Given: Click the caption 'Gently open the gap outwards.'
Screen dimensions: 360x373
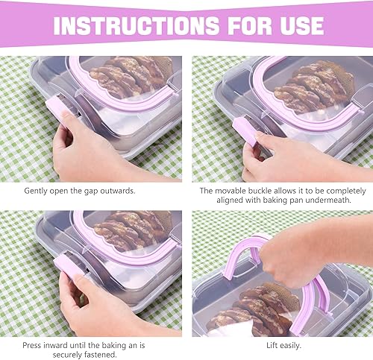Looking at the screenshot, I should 80,191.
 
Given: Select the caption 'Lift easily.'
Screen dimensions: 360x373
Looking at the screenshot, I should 282,345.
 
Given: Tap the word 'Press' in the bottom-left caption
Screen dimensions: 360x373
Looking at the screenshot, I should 34,345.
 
